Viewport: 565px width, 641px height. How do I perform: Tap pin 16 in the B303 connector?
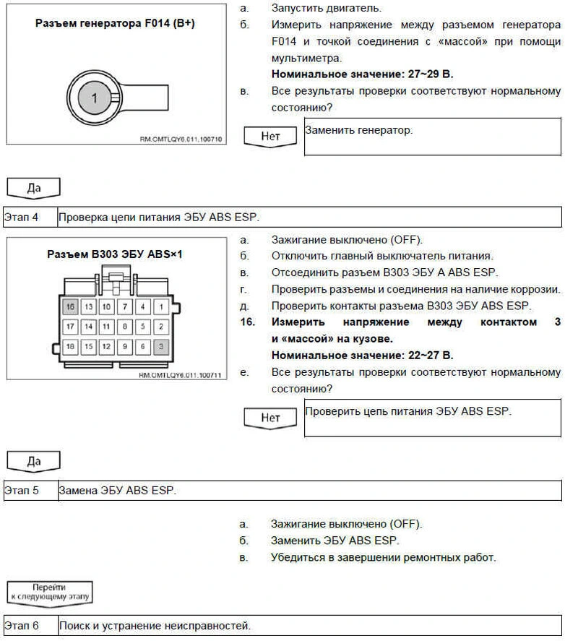click(70, 306)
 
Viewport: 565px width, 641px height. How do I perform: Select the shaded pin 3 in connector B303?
click(162, 346)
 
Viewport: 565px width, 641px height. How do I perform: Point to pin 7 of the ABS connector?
click(124, 306)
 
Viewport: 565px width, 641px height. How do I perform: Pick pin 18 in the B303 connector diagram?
click(70, 346)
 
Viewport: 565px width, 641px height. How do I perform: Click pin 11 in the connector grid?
click(106, 326)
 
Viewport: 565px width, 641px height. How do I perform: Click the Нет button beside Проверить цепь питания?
click(270, 418)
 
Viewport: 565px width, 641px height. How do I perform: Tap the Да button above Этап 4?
click(33, 188)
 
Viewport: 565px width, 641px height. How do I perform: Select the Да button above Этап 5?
click(33, 460)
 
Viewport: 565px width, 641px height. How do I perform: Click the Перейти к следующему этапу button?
click(49, 593)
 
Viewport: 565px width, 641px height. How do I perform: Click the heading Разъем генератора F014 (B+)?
click(115, 24)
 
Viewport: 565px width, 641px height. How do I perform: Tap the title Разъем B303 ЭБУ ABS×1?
click(115, 254)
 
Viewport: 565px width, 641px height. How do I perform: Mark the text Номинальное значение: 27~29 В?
click(362, 74)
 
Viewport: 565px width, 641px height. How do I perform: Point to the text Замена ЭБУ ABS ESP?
click(118, 491)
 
